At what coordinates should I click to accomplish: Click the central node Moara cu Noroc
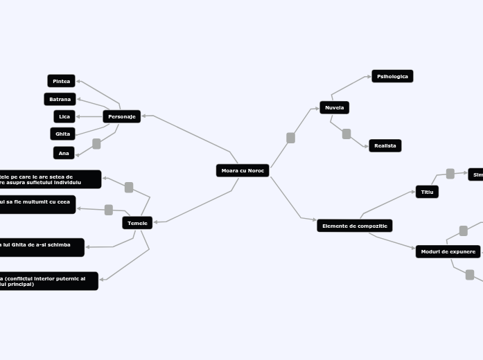243,170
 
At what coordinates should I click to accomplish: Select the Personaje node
122,116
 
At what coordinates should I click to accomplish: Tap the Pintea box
62,81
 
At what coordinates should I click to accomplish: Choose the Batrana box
60,99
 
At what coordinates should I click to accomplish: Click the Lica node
64,116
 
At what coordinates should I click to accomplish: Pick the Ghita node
63,134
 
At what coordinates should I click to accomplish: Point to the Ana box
64,153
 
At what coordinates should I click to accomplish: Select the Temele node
137,222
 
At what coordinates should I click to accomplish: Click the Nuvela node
335,107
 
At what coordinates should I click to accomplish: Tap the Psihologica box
392,76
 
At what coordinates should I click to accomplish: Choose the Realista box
385,145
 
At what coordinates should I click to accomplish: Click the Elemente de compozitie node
355,226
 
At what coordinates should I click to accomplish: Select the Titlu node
427,192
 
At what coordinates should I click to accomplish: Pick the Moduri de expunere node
448,251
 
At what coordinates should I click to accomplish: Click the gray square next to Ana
96,144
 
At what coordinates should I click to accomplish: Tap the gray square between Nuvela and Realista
346,134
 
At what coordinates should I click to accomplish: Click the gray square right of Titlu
450,174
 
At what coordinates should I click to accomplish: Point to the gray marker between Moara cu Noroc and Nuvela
290,138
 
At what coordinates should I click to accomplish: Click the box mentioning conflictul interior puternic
49,281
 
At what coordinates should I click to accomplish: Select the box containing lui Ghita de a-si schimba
42,247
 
